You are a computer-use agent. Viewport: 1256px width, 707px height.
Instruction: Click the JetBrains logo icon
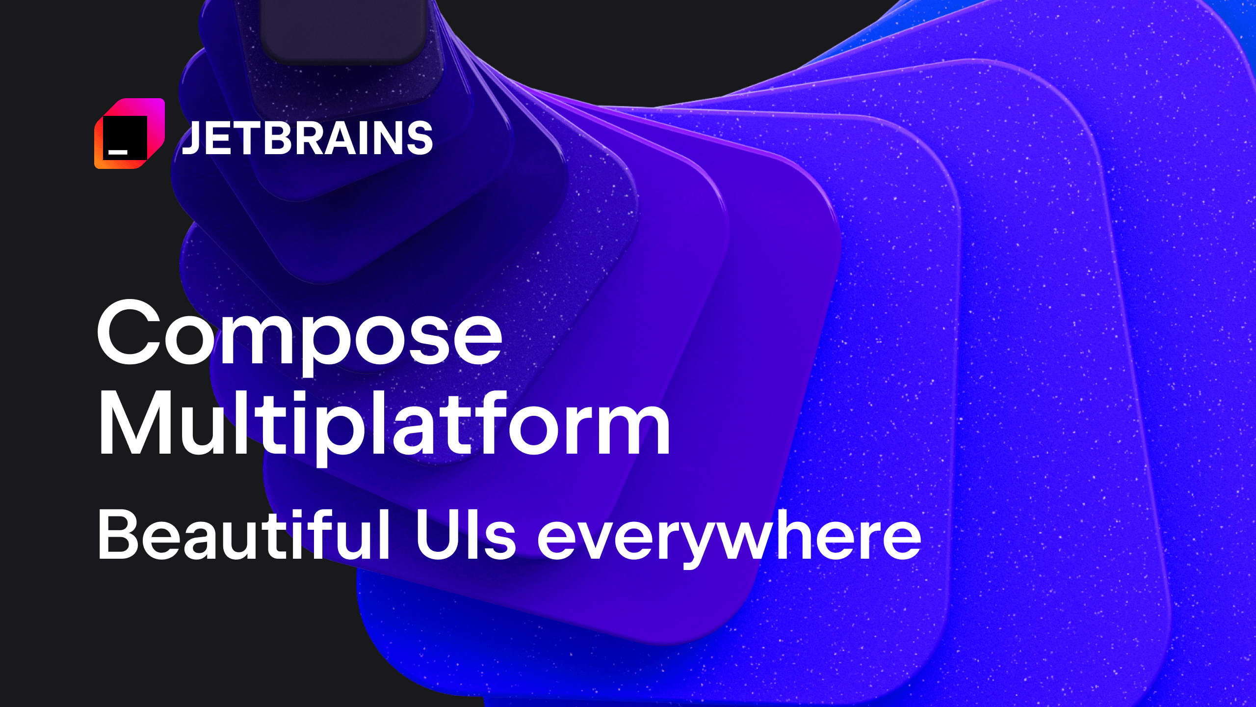(x=130, y=134)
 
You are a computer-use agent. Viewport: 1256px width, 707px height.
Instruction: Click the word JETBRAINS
(x=307, y=138)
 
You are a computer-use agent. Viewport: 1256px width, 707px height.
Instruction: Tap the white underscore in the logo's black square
(x=118, y=152)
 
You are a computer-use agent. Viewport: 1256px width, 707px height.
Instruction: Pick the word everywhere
(x=730, y=538)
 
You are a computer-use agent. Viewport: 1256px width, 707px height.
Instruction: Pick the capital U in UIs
(x=436, y=535)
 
